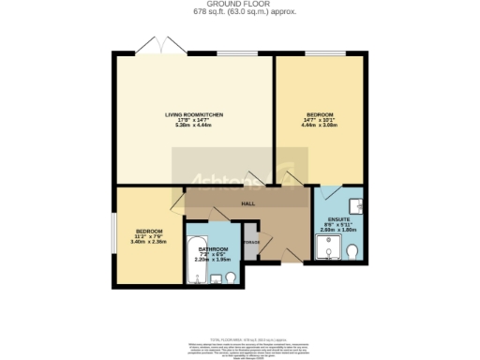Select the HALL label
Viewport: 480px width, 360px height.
click(248, 202)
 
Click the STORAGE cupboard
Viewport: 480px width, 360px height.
click(250, 242)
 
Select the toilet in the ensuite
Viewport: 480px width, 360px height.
click(352, 253)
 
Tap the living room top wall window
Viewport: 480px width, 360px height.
click(242, 54)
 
